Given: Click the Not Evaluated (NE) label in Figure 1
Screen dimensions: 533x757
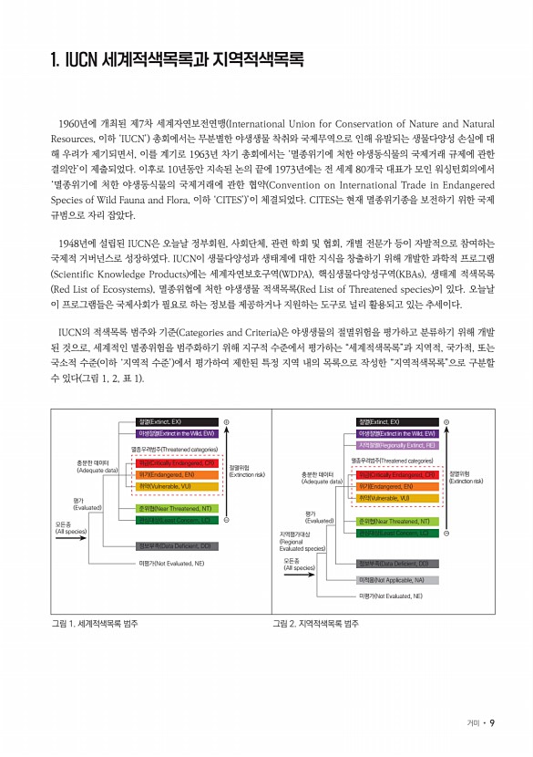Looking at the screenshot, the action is pos(170,564).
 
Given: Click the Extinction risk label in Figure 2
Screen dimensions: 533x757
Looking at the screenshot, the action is pos(465,477).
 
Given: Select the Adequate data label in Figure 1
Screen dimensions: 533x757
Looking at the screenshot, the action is pos(97,467).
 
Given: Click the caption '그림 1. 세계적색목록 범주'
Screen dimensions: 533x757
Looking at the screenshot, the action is pos(95,625).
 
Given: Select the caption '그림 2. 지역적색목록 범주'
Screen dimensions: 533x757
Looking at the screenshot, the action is pos(315,625).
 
